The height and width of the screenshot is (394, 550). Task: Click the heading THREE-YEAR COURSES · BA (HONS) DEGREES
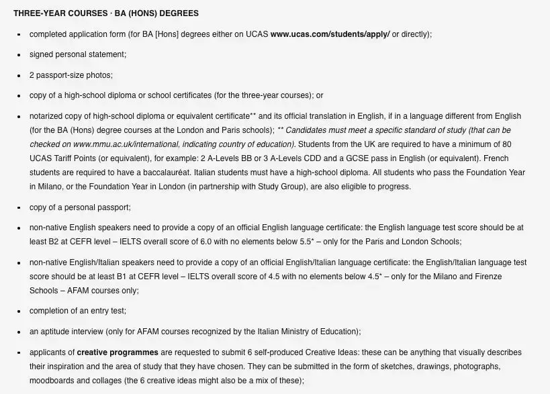[x=105, y=13]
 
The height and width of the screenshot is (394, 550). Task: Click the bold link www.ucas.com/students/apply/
[x=330, y=34]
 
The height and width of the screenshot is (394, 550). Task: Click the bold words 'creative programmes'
[x=118, y=352]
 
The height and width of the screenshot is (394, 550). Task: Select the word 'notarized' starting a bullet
[x=47, y=116]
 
